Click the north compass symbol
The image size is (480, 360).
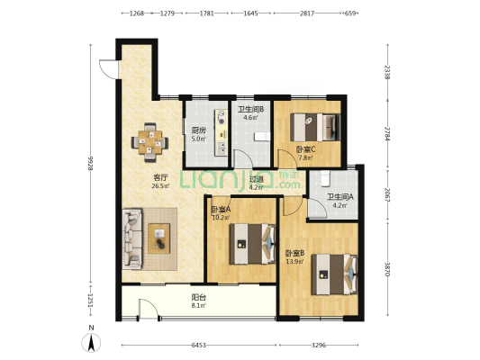[91, 343]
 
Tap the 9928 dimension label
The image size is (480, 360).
[90, 164]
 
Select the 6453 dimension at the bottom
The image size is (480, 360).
[199, 346]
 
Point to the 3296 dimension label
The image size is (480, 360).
[319, 346]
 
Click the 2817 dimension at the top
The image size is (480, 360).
[307, 13]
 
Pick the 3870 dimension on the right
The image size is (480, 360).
[387, 269]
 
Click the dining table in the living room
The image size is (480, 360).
[150, 142]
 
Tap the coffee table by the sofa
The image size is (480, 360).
[158, 238]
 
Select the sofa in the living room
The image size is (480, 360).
[132, 238]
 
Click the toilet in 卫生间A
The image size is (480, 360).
[325, 178]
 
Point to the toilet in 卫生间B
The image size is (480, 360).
[262, 136]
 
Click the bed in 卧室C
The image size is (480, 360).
[315, 127]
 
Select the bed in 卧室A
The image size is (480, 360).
[252, 244]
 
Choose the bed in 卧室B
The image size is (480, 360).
[335, 274]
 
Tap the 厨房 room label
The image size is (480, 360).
[198, 130]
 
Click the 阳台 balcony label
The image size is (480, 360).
[199, 297]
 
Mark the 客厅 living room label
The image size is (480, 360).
[160, 177]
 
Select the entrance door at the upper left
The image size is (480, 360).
[109, 69]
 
